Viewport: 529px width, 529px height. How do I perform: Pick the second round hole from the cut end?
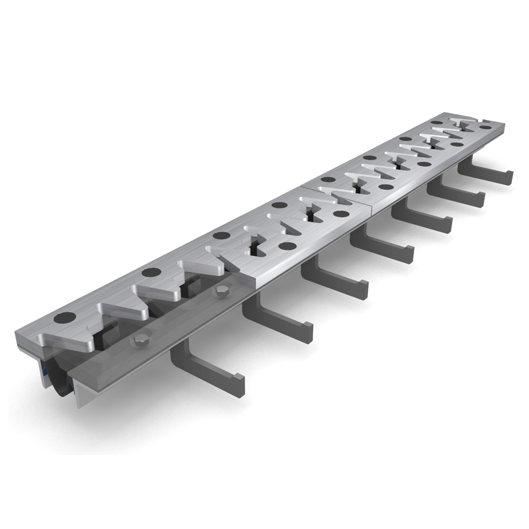[151, 272]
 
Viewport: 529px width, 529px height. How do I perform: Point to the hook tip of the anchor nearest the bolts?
[240, 384]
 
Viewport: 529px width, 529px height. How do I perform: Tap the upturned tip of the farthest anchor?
[509, 177]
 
